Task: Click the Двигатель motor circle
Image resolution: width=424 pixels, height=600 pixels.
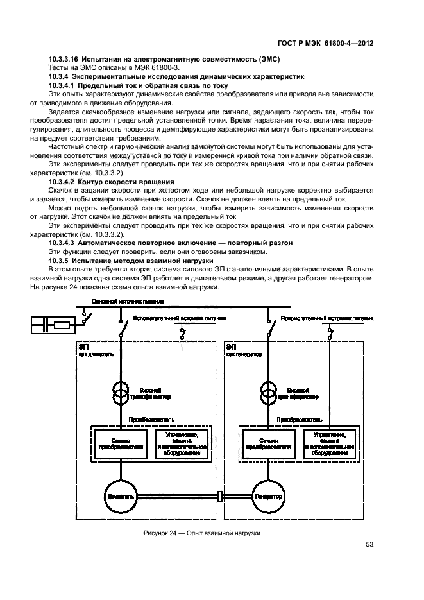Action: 119,496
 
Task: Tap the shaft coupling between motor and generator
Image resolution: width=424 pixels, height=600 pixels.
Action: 220,496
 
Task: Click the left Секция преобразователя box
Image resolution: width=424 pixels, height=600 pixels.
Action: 121,444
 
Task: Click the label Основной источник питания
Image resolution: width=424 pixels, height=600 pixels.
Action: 127,301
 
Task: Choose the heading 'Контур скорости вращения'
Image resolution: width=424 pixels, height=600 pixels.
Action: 126,182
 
